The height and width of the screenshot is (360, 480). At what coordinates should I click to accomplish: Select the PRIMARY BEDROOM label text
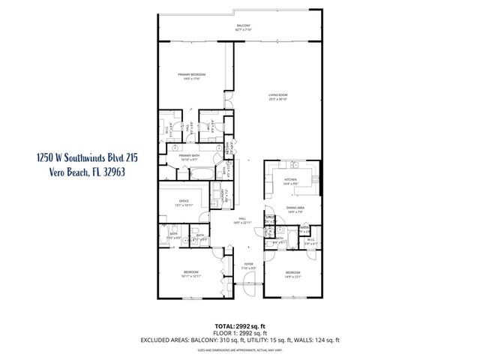click(x=191, y=76)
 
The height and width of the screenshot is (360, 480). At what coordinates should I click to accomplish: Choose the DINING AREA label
click(x=294, y=211)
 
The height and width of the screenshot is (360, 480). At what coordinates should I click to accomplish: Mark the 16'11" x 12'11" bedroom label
click(x=190, y=273)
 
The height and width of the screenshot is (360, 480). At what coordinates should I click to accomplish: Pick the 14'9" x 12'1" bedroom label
click(x=292, y=274)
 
